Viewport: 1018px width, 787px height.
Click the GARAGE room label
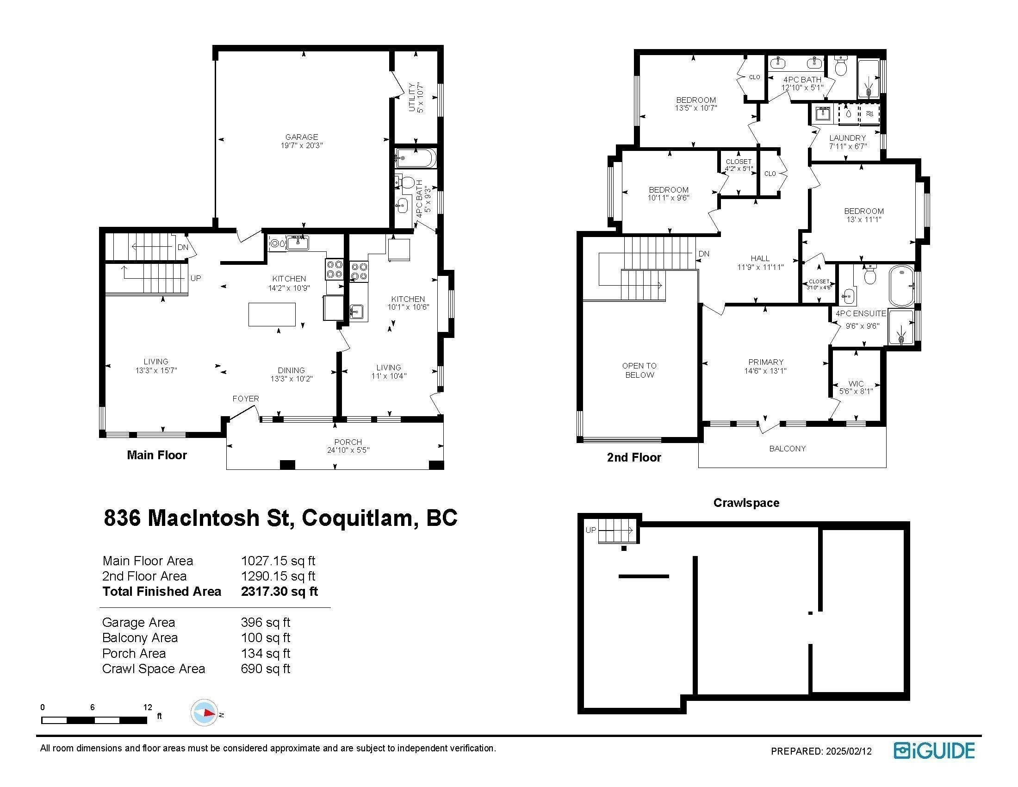[x=302, y=137]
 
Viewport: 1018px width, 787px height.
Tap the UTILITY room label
[x=411, y=97]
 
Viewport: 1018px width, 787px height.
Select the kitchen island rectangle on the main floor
[x=272, y=314]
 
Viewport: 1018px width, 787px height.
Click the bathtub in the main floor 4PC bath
[x=416, y=158]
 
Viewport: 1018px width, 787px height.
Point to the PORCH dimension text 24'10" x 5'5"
[x=348, y=450]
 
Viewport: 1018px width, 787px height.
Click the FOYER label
[x=246, y=399]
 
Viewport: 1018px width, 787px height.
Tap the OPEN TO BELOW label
[x=639, y=370]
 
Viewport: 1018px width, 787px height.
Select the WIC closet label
[x=856, y=384]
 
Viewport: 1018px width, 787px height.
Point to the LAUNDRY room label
[x=847, y=138]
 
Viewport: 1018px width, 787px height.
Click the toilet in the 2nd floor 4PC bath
[x=841, y=66]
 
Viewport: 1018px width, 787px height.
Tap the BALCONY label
[x=787, y=449]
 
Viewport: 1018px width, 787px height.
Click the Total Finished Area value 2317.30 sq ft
[x=279, y=591]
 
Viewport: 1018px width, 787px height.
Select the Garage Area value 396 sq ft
[x=265, y=622]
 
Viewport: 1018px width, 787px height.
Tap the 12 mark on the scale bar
[x=148, y=707]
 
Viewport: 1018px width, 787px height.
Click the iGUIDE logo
[x=934, y=750]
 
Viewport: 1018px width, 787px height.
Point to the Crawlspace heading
[x=746, y=503]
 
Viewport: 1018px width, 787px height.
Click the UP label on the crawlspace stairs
[x=590, y=530]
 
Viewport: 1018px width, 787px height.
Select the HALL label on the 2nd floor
[x=760, y=258]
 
